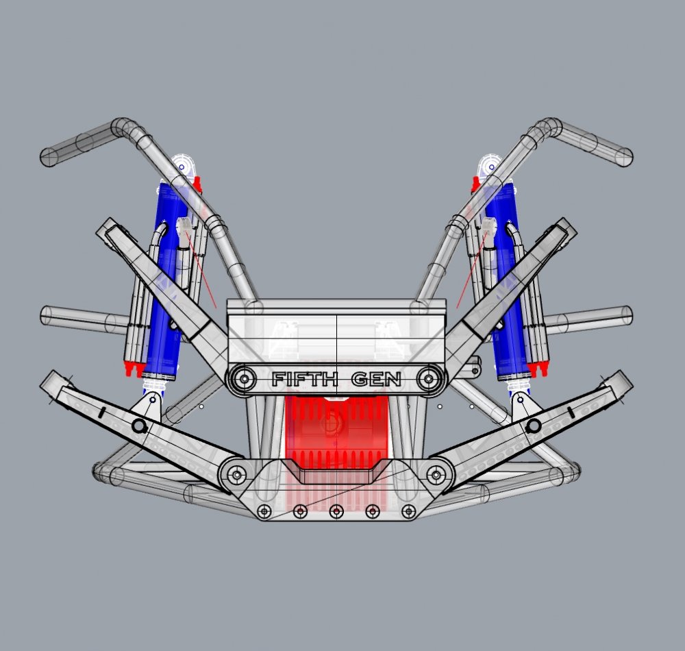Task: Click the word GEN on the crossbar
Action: [x=376, y=379]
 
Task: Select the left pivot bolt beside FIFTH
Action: [x=243, y=378]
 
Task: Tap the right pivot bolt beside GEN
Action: [x=429, y=378]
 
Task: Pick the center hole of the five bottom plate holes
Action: [x=336, y=511]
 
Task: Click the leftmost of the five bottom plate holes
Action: [x=264, y=511]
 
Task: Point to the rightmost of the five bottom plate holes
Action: [x=409, y=511]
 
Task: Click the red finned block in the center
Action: [x=336, y=432]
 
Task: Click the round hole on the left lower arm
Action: [x=139, y=427]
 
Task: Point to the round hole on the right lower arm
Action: [x=532, y=426]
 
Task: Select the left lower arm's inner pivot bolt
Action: [x=237, y=474]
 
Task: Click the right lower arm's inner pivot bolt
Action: [x=436, y=474]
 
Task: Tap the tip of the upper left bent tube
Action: [x=49, y=157]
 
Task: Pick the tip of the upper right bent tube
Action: [x=624, y=157]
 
